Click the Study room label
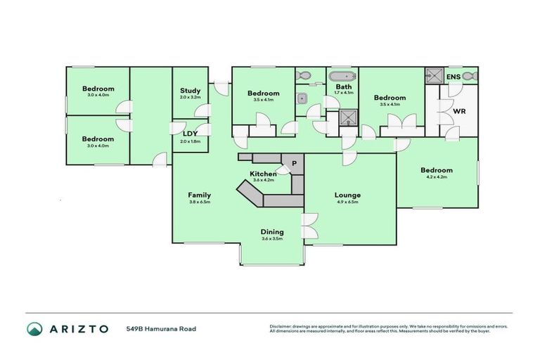pos(190,91)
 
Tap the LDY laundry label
pos(190,134)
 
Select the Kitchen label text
pos(262,173)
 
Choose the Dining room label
pos(272,231)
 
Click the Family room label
pos(199,195)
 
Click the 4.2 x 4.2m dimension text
pos(436,178)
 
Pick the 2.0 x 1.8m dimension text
pos(190,141)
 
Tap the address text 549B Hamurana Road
pos(161,329)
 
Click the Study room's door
pos(203,110)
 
